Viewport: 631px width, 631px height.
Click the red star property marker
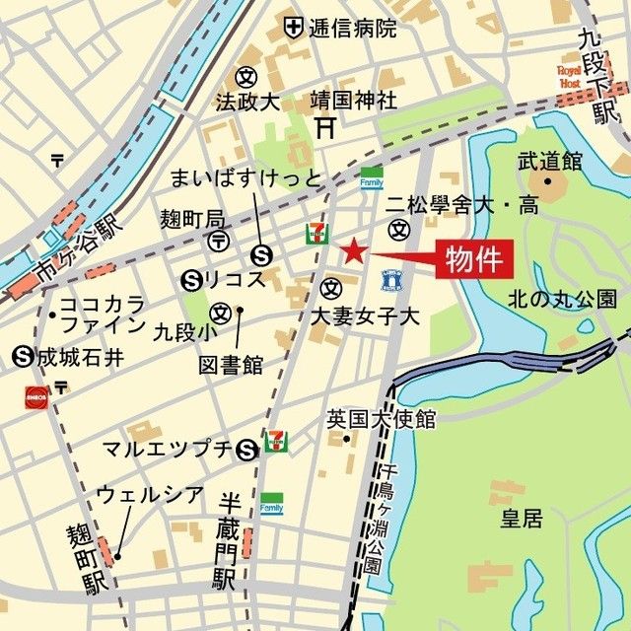(x=353, y=250)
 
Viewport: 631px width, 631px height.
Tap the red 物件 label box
(x=476, y=261)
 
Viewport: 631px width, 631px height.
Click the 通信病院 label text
(x=353, y=28)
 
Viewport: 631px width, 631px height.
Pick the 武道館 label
(x=549, y=161)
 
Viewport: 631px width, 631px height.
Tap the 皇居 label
(x=521, y=518)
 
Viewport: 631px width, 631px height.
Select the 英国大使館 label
(x=381, y=420)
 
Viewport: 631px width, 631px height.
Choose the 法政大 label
(x=248, y=102)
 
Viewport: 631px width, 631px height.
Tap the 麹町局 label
(x=192, y=217)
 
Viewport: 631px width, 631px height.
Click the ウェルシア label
(x=150, y=494)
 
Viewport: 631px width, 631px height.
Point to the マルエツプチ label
(x=168, y=450)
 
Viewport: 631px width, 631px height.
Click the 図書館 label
(x=231, y=365)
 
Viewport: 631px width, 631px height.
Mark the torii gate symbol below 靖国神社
(x=326, y=127)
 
